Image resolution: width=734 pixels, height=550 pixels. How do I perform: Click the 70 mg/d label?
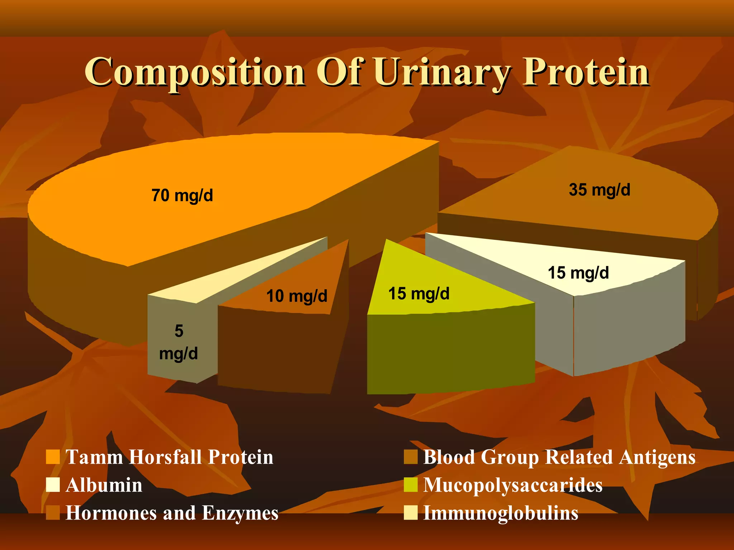click(182, 196)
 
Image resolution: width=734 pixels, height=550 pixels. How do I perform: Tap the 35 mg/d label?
click(599, 190)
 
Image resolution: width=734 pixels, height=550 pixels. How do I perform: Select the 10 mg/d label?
click(297, 296)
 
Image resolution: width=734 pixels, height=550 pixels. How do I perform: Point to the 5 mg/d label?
click(178, 342)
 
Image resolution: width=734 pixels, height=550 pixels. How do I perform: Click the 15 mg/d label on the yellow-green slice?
click(419, 294)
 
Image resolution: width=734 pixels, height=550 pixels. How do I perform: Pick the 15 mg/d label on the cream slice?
click(578, 273)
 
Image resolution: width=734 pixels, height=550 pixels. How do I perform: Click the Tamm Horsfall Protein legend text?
click(169, 457)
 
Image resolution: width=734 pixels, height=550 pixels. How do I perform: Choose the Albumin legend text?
click(104, 485)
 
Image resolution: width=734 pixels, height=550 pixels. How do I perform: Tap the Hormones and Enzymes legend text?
click(172, 513)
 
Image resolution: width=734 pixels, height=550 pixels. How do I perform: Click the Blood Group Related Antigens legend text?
click(559, 457)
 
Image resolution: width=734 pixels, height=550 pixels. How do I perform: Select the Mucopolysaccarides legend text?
click(513, 485)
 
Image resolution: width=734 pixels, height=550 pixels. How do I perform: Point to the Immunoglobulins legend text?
click(501, 513)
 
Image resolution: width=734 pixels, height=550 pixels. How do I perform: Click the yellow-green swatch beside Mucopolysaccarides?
click(410, 485)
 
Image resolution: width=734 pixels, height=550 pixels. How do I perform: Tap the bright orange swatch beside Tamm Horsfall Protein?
click(53, 457)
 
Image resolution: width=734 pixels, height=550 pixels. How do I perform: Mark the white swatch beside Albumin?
click(53, 485)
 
